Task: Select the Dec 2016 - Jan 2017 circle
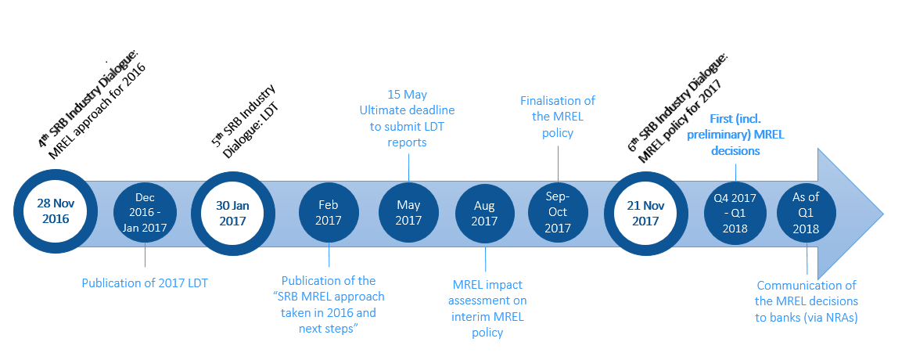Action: pyautogui.click(x=145, y=213)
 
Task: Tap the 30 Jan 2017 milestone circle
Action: pyautogui.click(x=232, y=213)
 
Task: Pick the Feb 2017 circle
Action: pyautogui.click(x=328, y=213)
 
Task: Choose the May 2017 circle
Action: pyautogui.click(x=408, y=213)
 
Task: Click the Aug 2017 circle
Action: pyautogui.click(x=485, y=213)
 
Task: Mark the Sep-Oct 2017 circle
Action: pyautogui.click(x=558, y=213)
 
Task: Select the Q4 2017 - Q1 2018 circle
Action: pyautogui.click(x=735, y=213)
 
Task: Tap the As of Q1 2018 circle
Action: pyautogui.click(x=807, y=213)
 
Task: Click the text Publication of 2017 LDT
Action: pyautogui.click(x=145, y=283)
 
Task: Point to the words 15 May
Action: pyautogui.click(x=407, y=94)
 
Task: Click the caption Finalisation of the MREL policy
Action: pyautogui.click(x=558, y=117)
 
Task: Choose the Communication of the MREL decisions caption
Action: pyautogui.click(x=807, y=301)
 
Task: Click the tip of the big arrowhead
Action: pyautogui.click(x=883, y=214)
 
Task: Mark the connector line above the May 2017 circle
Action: pyautogui.click(x=408, y=164)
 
